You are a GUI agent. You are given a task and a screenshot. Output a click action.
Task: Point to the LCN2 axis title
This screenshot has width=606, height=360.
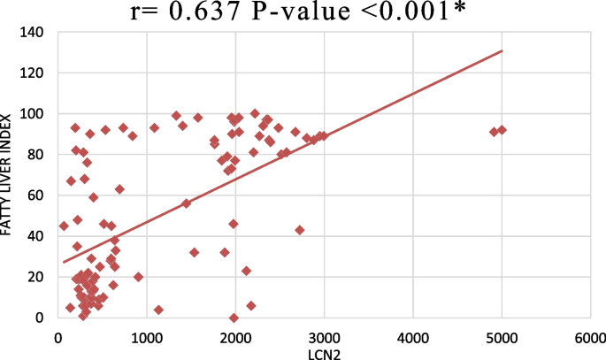322,351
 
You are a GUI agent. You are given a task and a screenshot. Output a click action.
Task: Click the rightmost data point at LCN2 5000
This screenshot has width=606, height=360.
502,130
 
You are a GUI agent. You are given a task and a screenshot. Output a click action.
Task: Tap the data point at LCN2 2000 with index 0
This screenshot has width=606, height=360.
234,318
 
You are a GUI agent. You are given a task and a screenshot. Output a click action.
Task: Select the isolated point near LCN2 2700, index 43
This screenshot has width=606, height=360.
299,230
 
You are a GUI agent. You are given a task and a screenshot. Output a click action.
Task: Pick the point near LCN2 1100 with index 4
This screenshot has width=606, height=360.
158,310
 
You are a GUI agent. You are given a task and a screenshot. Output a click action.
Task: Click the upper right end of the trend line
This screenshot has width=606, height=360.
502,50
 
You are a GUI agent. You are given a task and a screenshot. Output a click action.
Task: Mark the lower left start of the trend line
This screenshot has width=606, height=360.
64,262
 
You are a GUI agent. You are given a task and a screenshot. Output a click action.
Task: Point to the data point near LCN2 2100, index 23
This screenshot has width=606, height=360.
246,271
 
